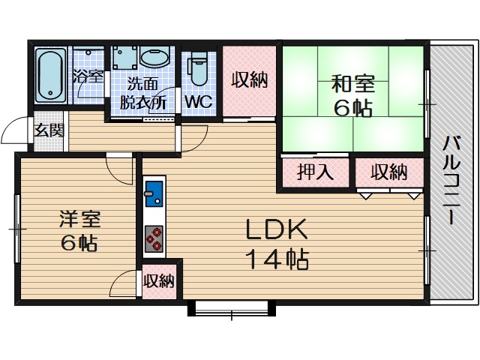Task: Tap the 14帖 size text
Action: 275,260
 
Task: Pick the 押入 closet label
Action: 316,172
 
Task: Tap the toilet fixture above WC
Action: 198,70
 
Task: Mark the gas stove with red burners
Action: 154,237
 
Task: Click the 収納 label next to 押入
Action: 388,172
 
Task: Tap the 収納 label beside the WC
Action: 250,80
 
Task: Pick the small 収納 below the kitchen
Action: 159,281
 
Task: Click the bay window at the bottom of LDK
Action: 230,307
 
